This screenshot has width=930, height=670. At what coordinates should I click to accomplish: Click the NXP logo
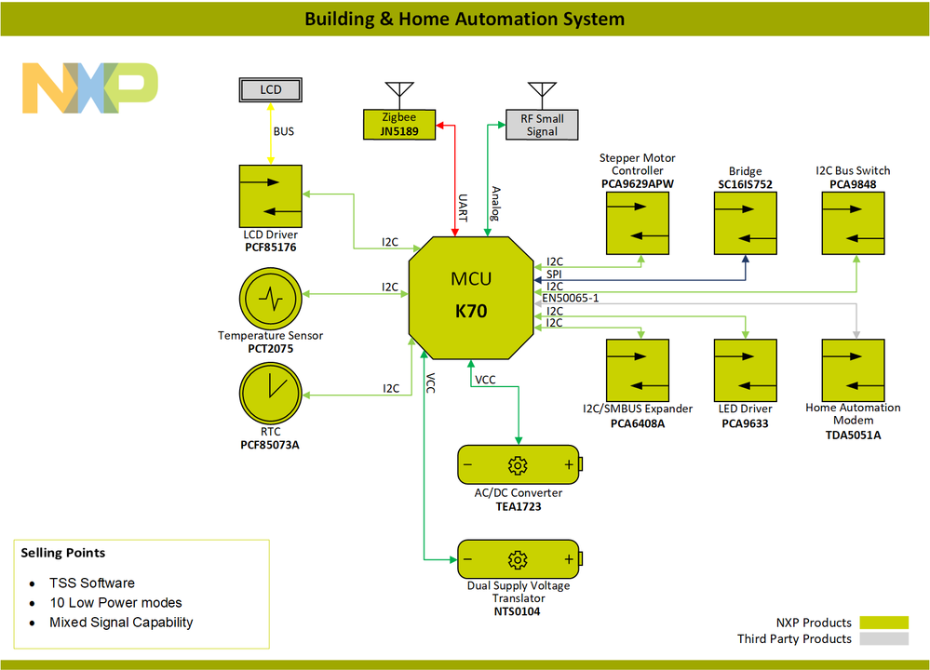89,88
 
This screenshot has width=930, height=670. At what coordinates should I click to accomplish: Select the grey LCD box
270,90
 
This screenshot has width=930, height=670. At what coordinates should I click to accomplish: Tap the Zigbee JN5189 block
400,125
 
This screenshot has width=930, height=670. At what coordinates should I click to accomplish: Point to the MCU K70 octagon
471,297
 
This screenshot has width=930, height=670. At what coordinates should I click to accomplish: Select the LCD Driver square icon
270,195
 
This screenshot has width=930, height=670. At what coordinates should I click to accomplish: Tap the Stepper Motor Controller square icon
638,223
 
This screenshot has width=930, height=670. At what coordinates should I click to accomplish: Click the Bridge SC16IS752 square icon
746,223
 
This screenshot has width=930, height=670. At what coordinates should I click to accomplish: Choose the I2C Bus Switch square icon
854,223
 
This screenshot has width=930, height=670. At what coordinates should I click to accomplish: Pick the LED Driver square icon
746,370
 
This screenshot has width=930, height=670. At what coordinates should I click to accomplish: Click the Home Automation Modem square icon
854,370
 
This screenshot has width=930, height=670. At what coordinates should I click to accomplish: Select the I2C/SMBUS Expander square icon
638,370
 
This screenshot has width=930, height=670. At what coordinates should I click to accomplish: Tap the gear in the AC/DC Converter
518,465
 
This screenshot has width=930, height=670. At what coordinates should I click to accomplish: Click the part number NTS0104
518,611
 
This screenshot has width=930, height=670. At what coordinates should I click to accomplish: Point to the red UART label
463,207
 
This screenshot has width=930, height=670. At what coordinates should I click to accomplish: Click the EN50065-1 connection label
570,298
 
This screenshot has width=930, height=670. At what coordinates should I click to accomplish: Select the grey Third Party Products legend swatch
883,638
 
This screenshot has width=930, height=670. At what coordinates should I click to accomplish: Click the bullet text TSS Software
92,583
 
